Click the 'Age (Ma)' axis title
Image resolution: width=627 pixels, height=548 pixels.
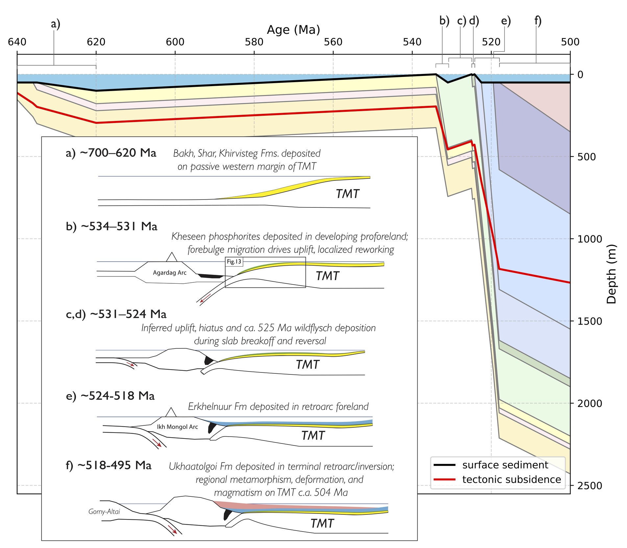point(293,30)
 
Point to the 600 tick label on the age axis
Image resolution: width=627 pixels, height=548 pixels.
point(175,42)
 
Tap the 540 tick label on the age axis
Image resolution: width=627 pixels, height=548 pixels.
point(412,42)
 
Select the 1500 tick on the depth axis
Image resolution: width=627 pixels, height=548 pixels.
point(590,321)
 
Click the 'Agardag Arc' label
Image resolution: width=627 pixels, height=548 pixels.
point(170,273)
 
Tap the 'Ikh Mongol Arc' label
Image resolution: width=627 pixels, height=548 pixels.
point(177,427)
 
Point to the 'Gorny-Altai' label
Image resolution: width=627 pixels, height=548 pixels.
point(104,512)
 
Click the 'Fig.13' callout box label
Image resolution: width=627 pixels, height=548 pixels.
point(234,262)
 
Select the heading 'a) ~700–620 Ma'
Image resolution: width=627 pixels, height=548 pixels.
point(111,153)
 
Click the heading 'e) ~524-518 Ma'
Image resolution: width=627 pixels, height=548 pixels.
point(110,396)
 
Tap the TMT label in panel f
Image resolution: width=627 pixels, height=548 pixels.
point(322,523)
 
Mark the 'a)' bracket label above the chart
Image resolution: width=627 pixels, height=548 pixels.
point(56,24)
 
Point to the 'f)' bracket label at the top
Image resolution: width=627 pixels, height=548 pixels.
point(538,21)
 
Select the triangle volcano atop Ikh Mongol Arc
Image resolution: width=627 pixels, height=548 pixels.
point(170,412)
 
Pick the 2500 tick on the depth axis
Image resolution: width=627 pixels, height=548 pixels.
point(590,486)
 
